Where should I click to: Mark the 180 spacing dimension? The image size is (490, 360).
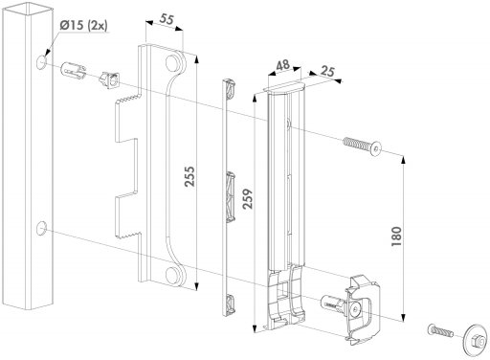pyautogui.click(x=405, y=234)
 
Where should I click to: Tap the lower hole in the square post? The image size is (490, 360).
pyautogui.click(x=42, y=228)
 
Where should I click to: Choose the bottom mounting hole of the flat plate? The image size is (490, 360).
pyautogui.click(x=176, y=279)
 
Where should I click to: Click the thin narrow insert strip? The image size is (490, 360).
pyautogui.click(x=229, y=191)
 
